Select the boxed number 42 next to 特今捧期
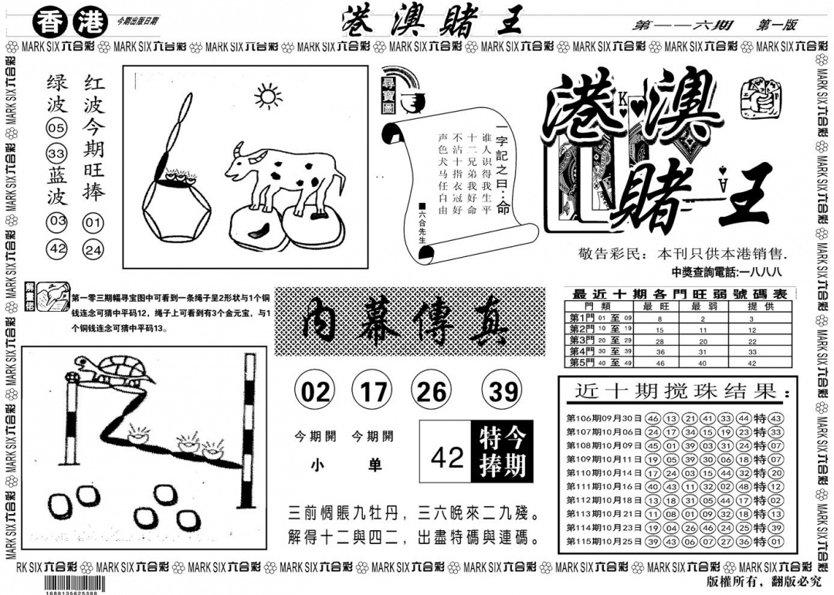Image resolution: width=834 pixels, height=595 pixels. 446,458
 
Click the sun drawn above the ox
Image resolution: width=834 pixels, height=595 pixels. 268,98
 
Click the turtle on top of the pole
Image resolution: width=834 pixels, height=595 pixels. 114,371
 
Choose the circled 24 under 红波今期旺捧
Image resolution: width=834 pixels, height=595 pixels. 93,249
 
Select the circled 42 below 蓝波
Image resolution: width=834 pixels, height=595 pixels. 57,249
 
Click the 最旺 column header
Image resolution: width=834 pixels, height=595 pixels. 659,306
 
